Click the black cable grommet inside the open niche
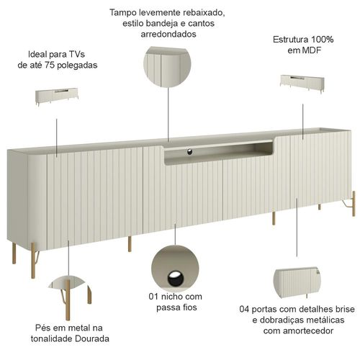(189, 152)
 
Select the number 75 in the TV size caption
(50, 65)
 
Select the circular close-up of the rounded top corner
(167, 66)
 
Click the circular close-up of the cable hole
(175, 269)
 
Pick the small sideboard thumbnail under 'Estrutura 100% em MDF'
(302, 84)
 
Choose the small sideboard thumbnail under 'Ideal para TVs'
(57, 96)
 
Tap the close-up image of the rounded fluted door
(297, 282)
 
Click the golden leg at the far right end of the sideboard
(354, 204)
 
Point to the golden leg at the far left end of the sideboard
(14, 253)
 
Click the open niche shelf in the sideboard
(218, 152)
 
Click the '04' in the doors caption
(244, 309)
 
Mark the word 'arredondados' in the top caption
(168, 34)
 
